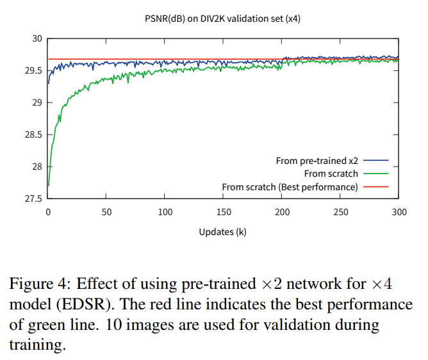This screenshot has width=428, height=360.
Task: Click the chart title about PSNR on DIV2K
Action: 222,19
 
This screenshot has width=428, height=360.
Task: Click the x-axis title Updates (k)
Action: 222,232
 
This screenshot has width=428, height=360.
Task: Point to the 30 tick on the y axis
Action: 37,39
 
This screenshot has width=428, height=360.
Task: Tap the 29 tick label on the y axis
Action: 37,103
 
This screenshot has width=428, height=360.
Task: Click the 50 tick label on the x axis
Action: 106,212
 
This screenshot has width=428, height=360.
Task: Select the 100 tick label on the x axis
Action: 165,212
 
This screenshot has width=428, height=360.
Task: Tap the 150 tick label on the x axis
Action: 224,212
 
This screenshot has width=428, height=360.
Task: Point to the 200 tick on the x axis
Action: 282,212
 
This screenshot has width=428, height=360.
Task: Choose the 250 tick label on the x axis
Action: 340,212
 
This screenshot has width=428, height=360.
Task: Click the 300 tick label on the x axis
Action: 399,212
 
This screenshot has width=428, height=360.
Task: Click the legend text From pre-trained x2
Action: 317,161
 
